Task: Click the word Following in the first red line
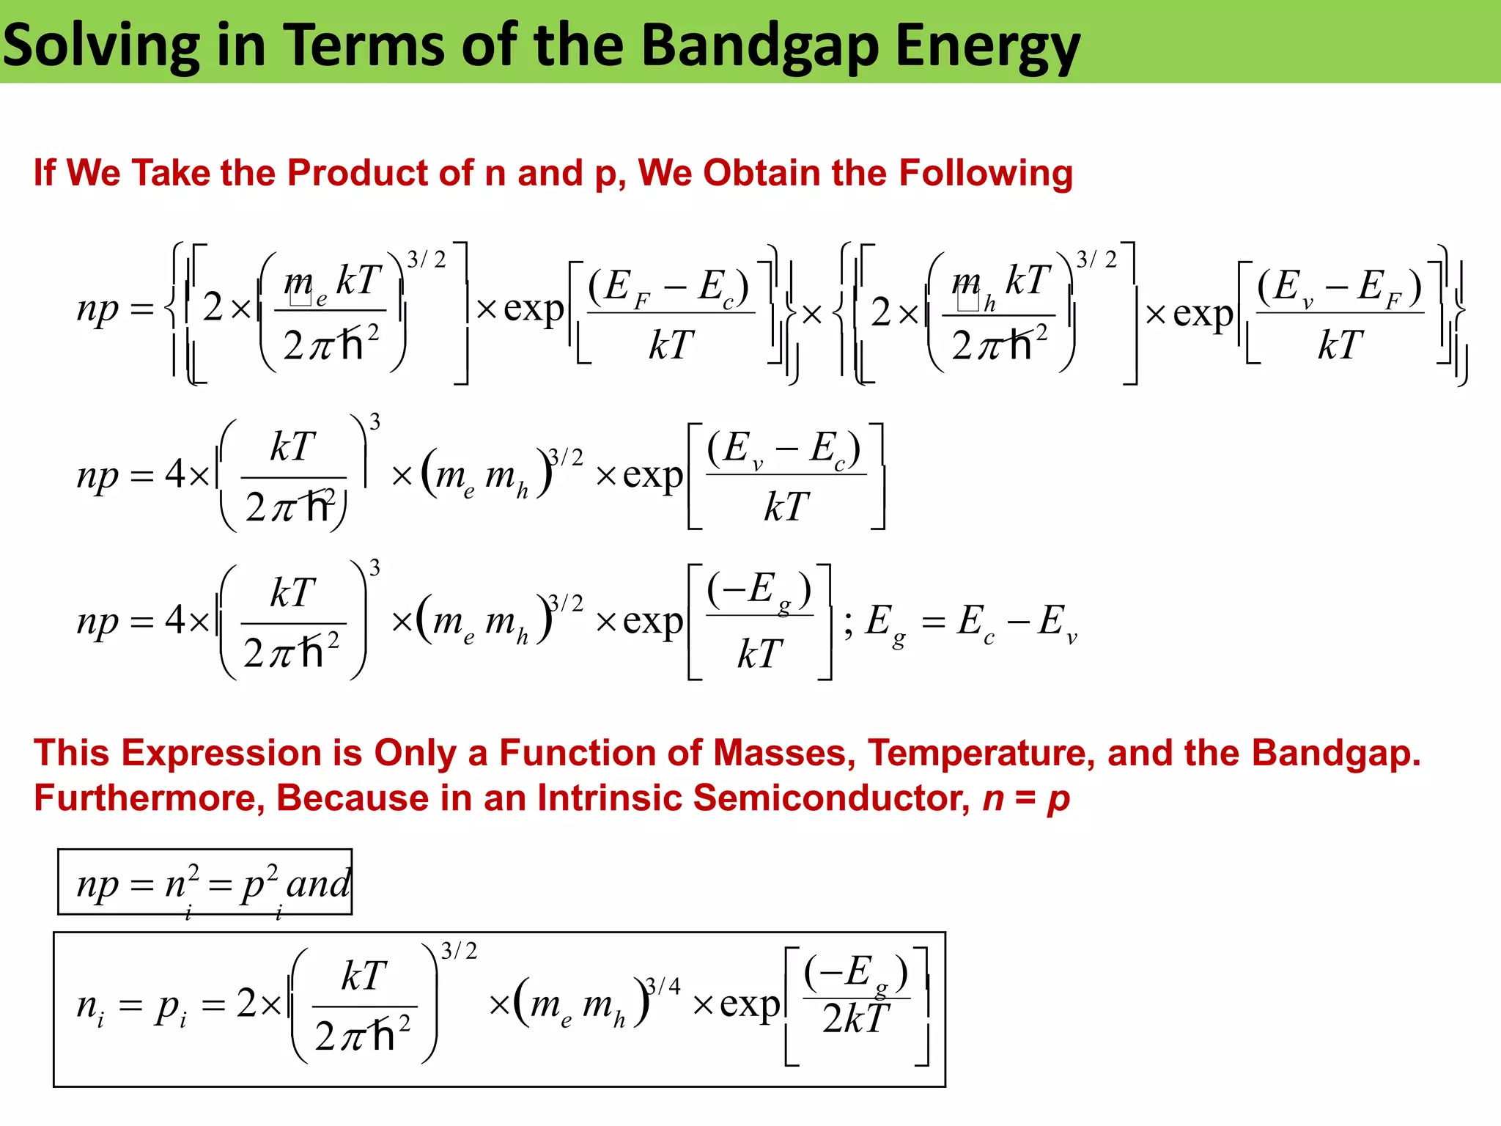point(986,174)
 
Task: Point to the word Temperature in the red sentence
point(981,754)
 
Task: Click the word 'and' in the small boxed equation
point(319,884)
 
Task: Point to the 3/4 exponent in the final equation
point(663,987)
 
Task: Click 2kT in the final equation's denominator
point(856,1019)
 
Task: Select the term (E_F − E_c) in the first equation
point(668,287)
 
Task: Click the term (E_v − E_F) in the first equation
point(1339,287)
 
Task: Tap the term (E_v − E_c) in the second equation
point(783,449)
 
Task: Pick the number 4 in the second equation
point(175,475)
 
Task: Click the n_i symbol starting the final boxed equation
point(90,1007)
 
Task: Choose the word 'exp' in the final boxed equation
point(750,1005)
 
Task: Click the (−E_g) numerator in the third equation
point(759,590)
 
